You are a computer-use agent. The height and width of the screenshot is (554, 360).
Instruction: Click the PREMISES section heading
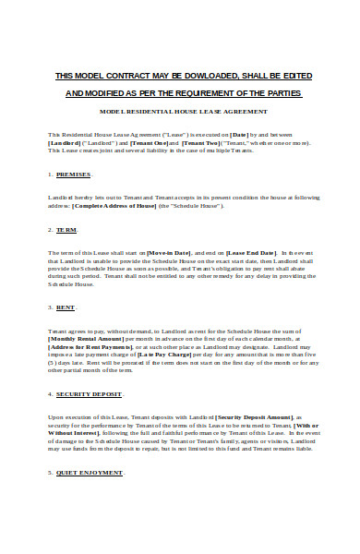click(x=75, y=174)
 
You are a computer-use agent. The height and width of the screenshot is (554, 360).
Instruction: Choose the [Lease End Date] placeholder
click(x=251, y=252)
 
